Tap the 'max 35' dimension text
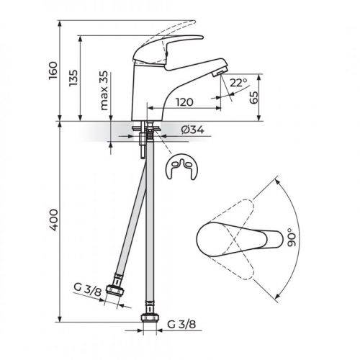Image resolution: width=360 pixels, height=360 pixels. coord(105,91)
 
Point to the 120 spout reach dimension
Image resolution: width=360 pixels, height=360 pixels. coord(184,103)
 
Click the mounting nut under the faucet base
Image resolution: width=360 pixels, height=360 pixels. coord(148,132)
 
